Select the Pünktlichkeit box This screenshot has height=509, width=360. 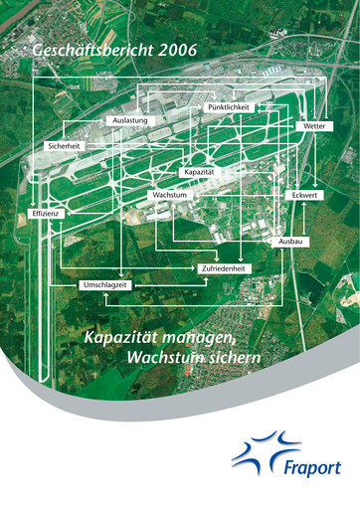tap(229, 106)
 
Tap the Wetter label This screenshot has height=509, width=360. tap(314, 127)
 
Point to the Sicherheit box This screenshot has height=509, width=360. tap(64, 146)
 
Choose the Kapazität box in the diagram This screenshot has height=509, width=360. tap(199, 172)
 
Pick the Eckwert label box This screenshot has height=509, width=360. tap(305, 196)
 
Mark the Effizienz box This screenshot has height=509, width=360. tap(48, 214)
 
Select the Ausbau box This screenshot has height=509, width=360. tap(291, 242)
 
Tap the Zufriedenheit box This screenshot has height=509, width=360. tap(226, 268)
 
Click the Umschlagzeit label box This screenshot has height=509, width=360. tap(103, 285)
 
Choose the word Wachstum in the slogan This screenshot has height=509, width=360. tap(159, 357)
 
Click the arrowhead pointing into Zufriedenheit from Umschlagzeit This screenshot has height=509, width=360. tap(207, 279)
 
